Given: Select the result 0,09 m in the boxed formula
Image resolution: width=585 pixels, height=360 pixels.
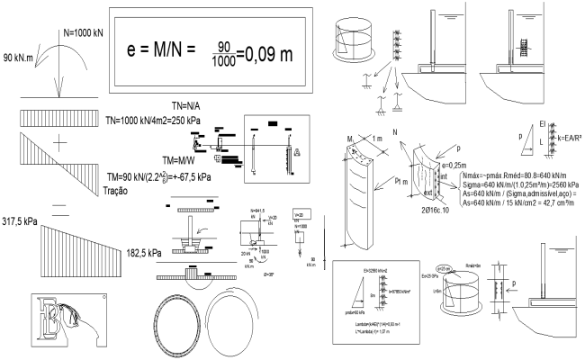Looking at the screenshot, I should [269, 53].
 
